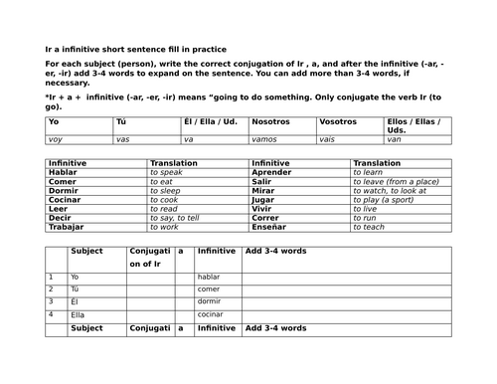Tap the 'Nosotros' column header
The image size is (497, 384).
271,121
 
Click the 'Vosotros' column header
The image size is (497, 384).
338,121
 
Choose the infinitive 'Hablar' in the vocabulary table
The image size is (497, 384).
63,172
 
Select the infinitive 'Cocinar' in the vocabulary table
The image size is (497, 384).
66,200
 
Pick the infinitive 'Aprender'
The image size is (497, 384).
272,172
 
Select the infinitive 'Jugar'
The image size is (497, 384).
264,200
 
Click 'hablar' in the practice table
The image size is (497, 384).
209,277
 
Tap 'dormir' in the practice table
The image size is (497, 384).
210,300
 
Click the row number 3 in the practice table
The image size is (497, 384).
51,300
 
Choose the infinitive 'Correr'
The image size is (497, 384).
266,218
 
